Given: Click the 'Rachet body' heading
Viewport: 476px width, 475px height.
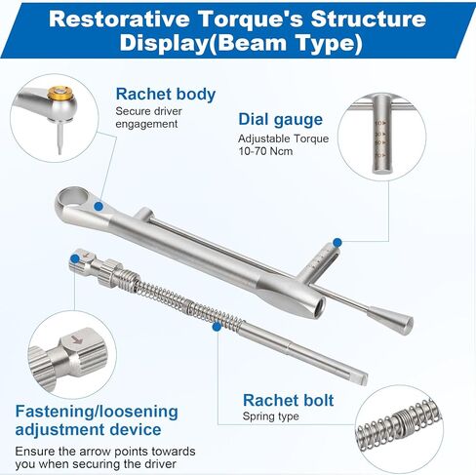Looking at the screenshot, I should [x=166, y=95].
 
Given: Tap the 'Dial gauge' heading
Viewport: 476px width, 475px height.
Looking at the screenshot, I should [x=281, y=119].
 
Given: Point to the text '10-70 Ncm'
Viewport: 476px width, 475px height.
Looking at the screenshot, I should [x=267, y=154].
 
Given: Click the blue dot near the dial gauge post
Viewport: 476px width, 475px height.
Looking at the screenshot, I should [x=337, y=241].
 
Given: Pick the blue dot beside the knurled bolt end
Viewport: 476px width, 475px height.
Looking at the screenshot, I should [x=73, y=258].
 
